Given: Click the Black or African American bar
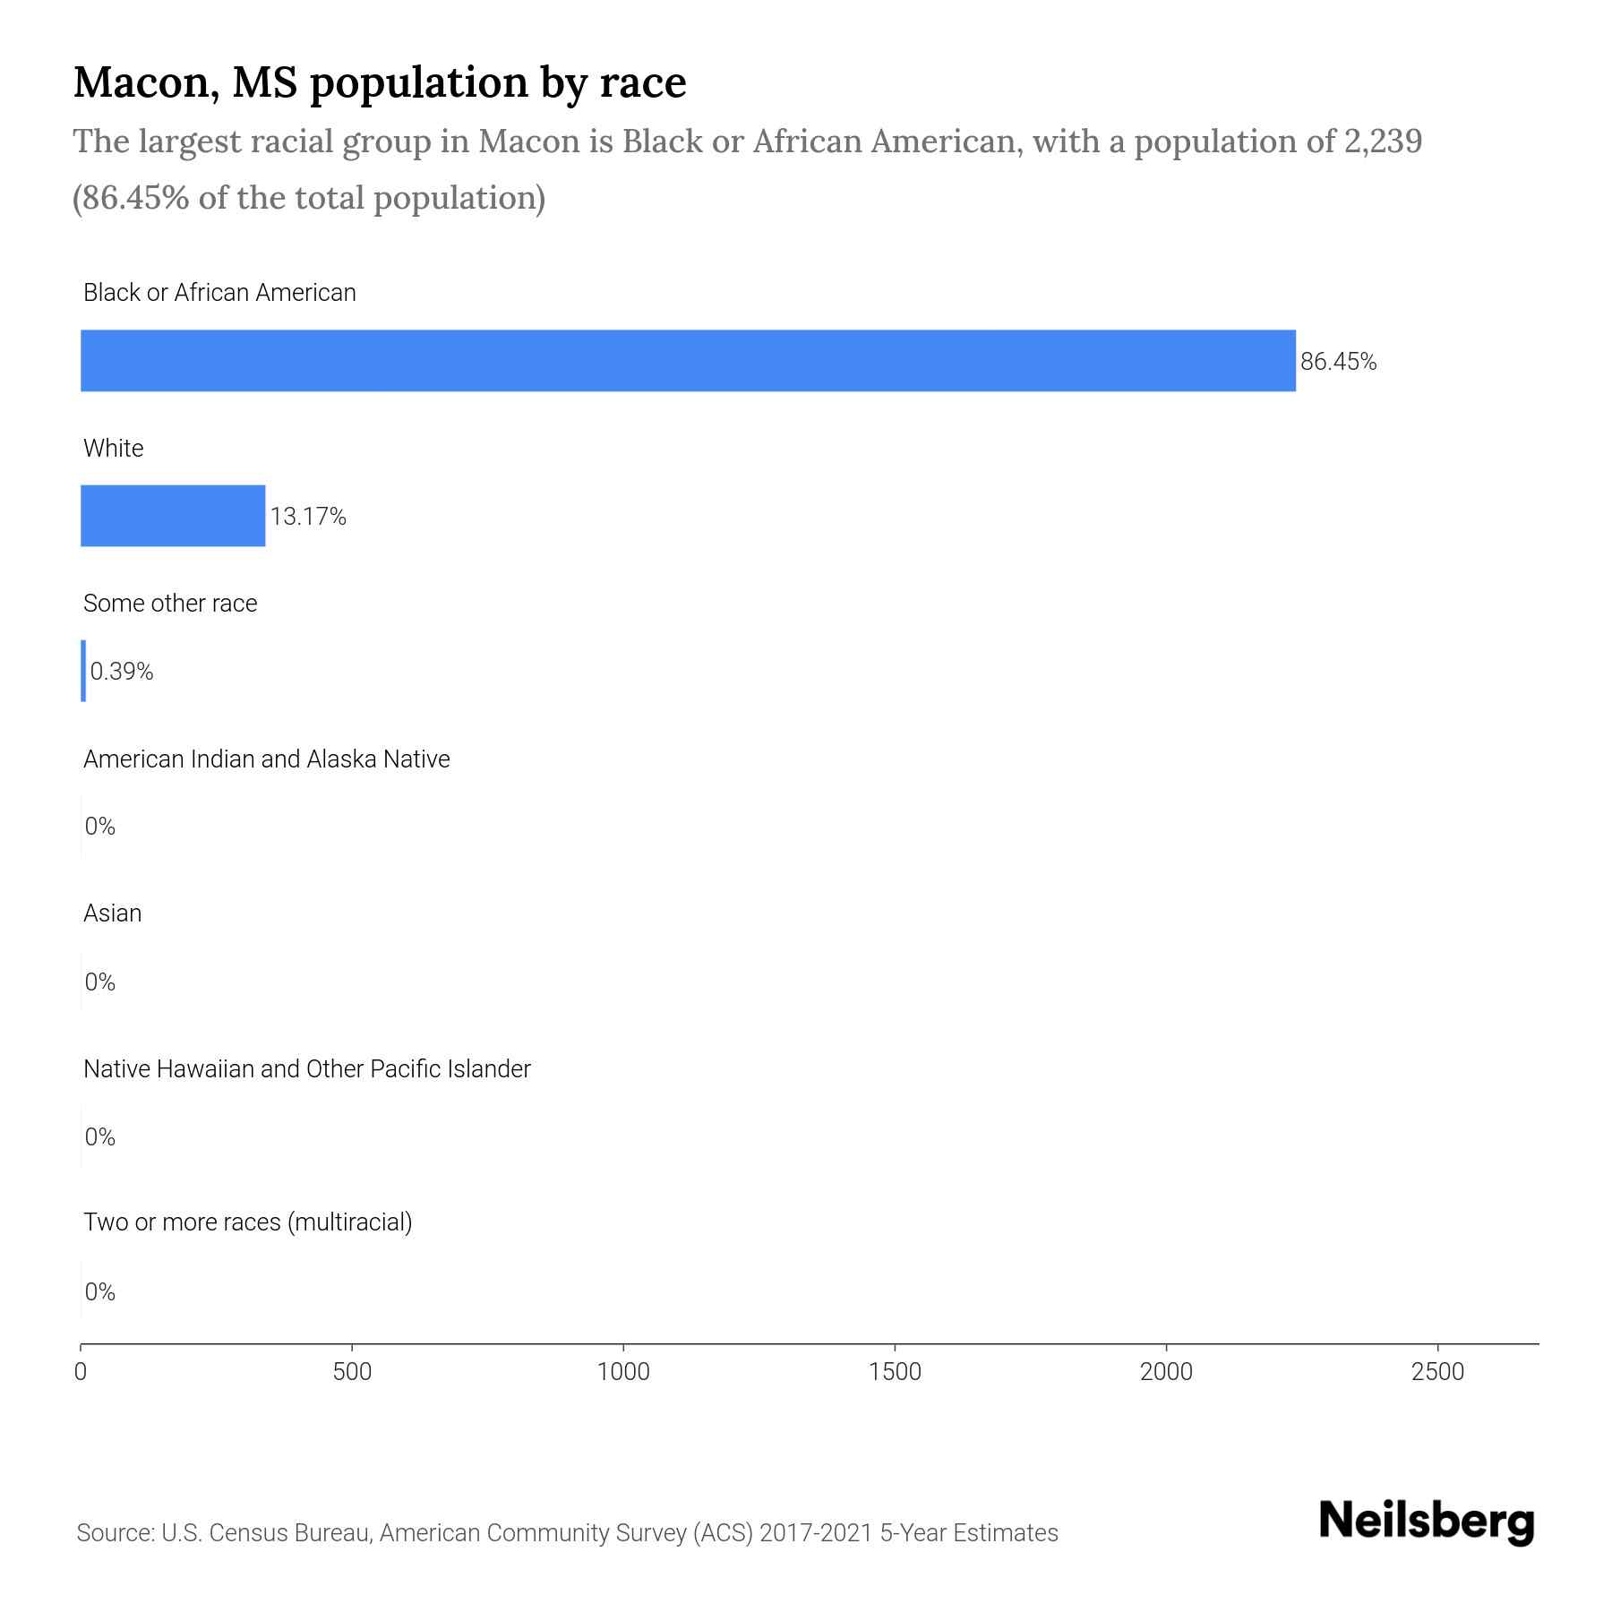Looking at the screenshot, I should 688,360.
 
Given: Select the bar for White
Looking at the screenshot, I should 173,516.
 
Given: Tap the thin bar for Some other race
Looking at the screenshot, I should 83,671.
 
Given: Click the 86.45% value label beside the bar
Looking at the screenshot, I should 1338,362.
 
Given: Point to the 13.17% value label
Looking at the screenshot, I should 308,517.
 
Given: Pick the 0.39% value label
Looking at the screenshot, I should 122,672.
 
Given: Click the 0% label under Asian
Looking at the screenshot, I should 100,982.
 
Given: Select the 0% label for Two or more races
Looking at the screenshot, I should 100,1291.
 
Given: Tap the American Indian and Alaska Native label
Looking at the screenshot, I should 266,759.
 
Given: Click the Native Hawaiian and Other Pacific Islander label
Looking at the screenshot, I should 306,1069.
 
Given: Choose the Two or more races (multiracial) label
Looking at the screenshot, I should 247,1222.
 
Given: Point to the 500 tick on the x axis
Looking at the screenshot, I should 352,1372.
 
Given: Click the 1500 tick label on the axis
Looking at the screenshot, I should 895,1372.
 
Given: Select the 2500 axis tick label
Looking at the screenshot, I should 1437,1372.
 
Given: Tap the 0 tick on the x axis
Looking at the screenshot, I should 81,1372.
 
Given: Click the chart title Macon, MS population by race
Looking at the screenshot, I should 380,82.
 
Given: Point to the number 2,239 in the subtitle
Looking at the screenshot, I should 1383,141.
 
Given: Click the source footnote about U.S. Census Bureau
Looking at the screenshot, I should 567,1533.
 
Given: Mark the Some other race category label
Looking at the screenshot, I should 170,604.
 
